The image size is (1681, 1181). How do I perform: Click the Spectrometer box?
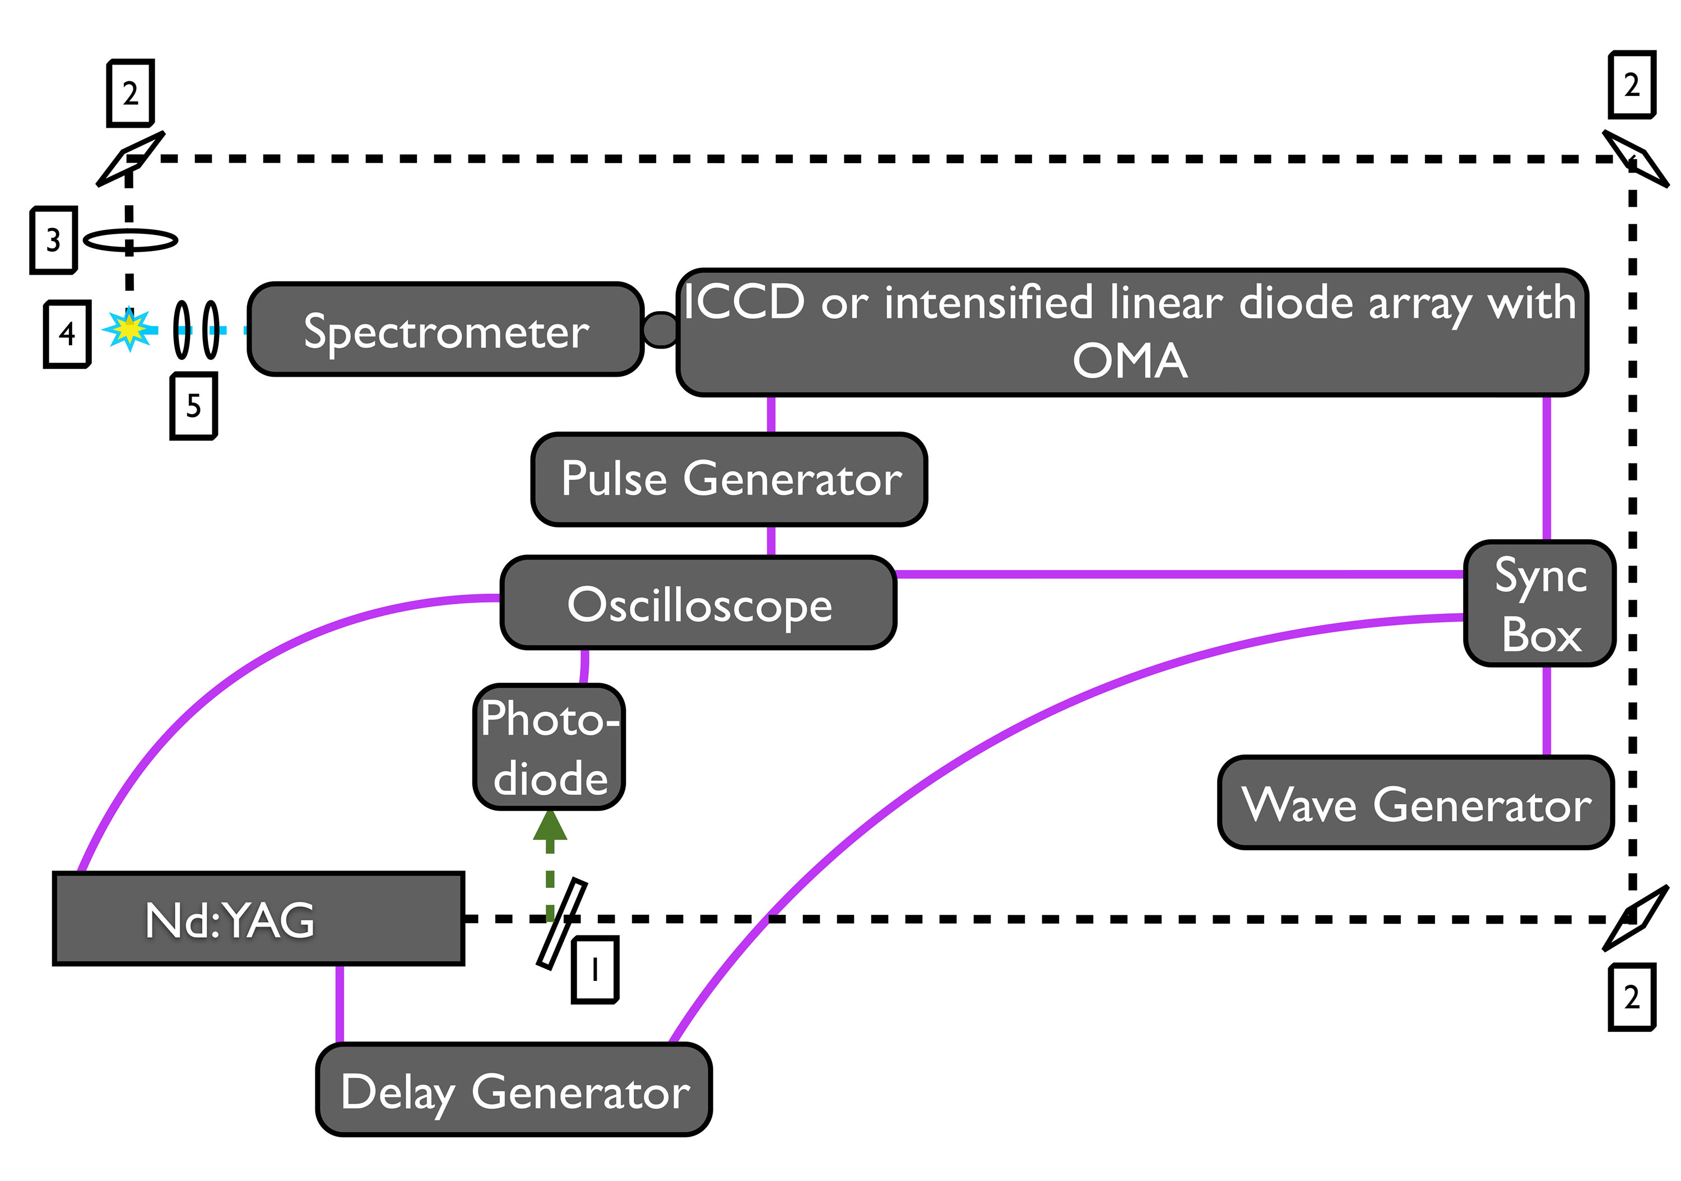click(x=445, y=330)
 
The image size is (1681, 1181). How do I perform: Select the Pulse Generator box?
click(x=729, y=480)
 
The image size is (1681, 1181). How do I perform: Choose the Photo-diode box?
click(x=549, y=747)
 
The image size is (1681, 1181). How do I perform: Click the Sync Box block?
click(x=1539, y=603)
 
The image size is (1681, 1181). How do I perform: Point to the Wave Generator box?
click(x=1415, y=803)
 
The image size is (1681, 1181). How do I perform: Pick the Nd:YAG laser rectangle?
click(x=258, y=919)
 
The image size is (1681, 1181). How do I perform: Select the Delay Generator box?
click(x=514, y=1090)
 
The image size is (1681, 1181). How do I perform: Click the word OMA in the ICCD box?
click(x=1130, y=361)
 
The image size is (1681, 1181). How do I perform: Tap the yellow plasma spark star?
click(x=129, y=330)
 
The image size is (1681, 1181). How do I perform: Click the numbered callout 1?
click(x=595, y=969)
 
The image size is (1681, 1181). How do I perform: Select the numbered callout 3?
click(x=53, y=240)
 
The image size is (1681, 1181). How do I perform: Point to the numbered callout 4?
click(x=67, y=334)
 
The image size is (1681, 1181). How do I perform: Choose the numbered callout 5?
click(x=193, y=406)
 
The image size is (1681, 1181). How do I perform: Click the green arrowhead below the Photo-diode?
click(x=550, y=825)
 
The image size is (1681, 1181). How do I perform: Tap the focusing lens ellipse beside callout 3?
click(x=131, y=240)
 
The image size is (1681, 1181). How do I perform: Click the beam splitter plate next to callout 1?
click(x=561, y=924)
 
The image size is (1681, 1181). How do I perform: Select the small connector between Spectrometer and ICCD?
click(x=661, y=330)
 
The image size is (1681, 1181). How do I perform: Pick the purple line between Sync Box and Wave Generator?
click(x=1547, y=710)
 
